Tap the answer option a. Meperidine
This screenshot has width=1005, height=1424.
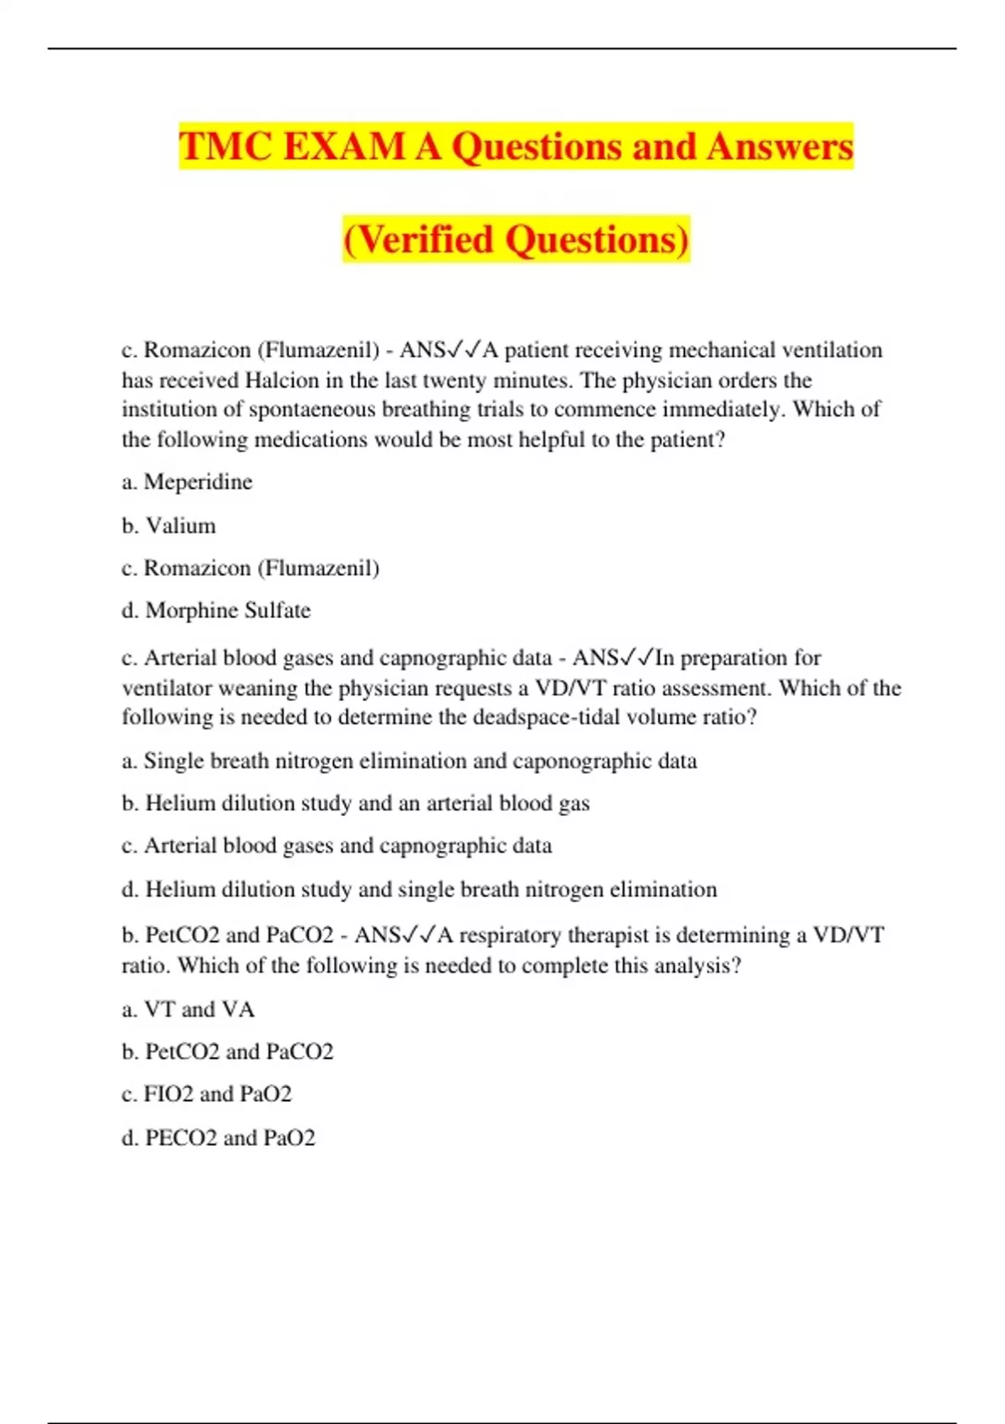[x=187, y=482]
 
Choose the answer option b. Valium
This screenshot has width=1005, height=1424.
[x=168, y=525]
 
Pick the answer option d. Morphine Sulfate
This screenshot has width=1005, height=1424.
[x=216, y=611]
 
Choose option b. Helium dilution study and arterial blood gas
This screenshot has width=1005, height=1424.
[x=355, y=803]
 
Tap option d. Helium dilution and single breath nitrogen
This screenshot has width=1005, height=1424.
[x=419, y=890]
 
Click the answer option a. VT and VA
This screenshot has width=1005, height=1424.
[x=188, y=1009]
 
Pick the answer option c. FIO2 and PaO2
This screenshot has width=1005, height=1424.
[x=206, y=1094]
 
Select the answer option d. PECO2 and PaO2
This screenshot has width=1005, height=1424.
[x=218, y=1138]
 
